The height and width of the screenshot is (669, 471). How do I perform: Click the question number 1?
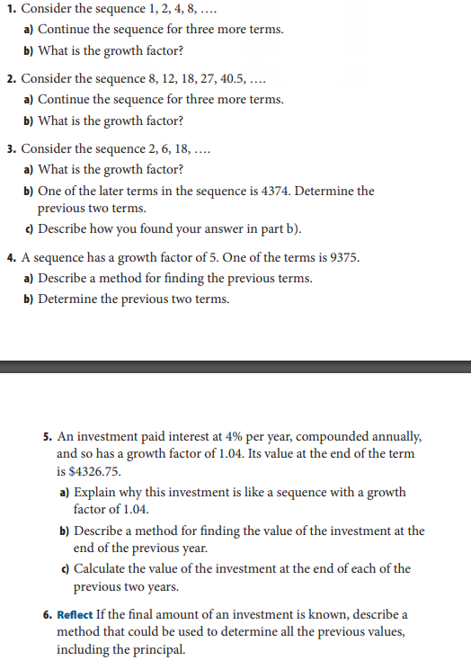point(10,10)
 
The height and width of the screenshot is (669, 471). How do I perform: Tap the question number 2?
point(10,79)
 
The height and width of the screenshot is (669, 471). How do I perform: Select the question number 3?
point(10,148)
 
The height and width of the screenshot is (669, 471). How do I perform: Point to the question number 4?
point(10,257)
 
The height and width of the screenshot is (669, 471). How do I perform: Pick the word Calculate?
point(102,568)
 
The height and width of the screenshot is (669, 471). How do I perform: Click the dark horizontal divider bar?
point(235,367)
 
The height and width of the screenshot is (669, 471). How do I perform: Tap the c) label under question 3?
point(29,228)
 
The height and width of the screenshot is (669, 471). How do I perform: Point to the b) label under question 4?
point(29,299)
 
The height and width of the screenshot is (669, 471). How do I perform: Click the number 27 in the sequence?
point(196,79)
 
